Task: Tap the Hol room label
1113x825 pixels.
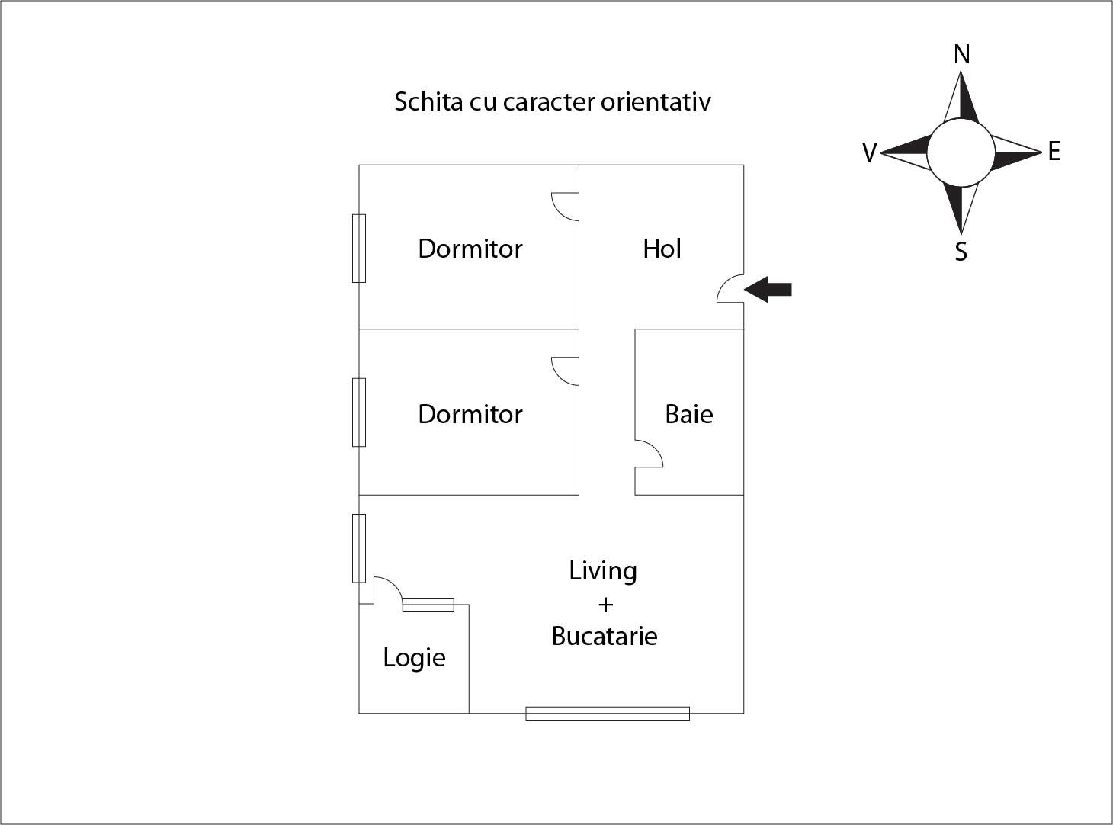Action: [662, 249]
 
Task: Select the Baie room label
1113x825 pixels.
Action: [689, 414]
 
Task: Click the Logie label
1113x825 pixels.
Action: [414, 657]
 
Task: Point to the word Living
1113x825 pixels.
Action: [603, 571]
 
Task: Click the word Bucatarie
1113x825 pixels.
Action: [605, 636]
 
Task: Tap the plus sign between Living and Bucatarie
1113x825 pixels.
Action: [605, 605]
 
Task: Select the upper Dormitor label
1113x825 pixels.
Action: [470, 249]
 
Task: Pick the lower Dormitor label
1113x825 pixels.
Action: [470, 414]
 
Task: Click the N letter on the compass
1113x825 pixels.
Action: [962, 55]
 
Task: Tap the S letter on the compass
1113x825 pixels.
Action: [961, 251]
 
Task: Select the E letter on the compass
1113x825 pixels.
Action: [1054, 152]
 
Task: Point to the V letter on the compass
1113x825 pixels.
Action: [869, 152]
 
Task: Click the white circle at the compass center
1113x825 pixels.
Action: [961, 152]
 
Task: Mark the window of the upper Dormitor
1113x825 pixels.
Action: [359, 249]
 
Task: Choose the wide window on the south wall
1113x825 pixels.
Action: [608, 714]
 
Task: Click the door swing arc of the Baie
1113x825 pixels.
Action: [651, 454]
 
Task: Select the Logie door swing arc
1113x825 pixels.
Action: [389, 589]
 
